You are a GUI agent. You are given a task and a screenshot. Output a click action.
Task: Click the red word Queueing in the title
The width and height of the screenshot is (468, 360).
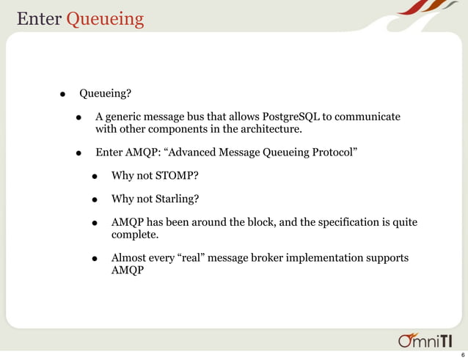pyautogui.click(x=105, y=18)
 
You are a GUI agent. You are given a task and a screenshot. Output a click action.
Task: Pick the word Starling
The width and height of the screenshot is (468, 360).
pyautogui.click(x=175, y=199)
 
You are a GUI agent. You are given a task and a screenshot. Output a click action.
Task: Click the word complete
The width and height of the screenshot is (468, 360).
pyautogui.click(x=134, y=235)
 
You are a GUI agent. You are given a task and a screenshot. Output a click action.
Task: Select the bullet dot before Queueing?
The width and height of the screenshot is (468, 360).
pyautogui.click(x=64, y=95)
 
